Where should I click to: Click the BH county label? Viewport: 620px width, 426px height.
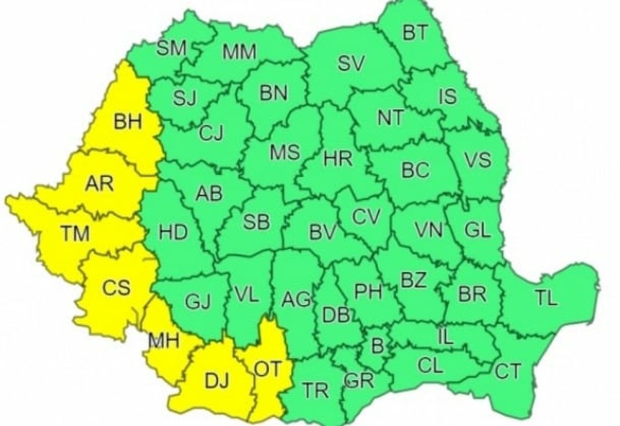pyautogui.click(x=128, y=122)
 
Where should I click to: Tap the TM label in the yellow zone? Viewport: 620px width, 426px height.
pyautogui.click(x=74, y=234)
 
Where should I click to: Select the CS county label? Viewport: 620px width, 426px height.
pyautogui.click(x=116, y=287)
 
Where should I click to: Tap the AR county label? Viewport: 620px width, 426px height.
pyautogui.click(x=99, y=183)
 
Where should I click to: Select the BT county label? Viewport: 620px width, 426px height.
pyautogui.click(x=415, y=33)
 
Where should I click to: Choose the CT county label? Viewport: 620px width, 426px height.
pyautogui.click(x=508, y=372)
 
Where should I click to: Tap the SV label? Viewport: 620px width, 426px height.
pyautogui.click(x=352, y=63)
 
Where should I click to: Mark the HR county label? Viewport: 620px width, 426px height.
pyautogui.click(x=338, y=159)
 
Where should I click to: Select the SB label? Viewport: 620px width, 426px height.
pyautogui.click(x=256, y=222)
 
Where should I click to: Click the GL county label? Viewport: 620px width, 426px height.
pyautogui.click(x=477, y=230)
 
